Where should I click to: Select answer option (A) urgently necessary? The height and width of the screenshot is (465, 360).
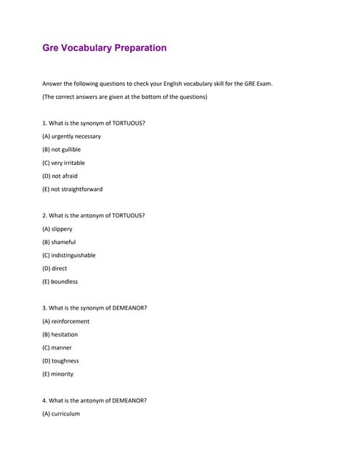coord(71,137)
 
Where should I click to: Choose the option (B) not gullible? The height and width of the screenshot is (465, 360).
coord(61,150)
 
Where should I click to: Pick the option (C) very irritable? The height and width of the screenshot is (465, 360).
coord(63,163)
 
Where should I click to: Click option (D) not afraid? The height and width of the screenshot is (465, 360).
coord(60,176)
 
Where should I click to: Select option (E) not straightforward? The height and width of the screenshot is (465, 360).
coord(72,189)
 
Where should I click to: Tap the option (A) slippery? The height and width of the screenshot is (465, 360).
coord(57,229)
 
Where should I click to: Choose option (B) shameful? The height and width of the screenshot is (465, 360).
coord(59,242)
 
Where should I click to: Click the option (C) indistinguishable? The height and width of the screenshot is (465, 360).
coord(69,255)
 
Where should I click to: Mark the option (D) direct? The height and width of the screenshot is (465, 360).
coord(55,268)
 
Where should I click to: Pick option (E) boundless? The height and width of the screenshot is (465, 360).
coord(60,281)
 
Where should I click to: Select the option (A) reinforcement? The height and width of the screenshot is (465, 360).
coord(66,321)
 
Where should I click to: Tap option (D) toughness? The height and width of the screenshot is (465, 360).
coord(60,360)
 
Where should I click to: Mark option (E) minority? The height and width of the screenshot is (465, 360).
coord(57,374)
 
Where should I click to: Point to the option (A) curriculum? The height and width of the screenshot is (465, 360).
coord(61,413)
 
